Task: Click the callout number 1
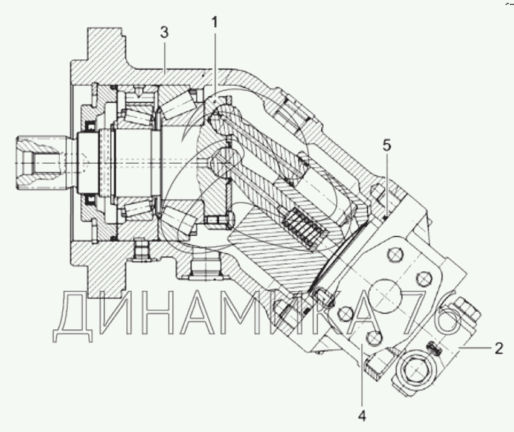point(214,23)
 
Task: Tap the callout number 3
point(164,33)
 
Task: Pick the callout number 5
point(387,145)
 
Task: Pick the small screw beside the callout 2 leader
point(433,347)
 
